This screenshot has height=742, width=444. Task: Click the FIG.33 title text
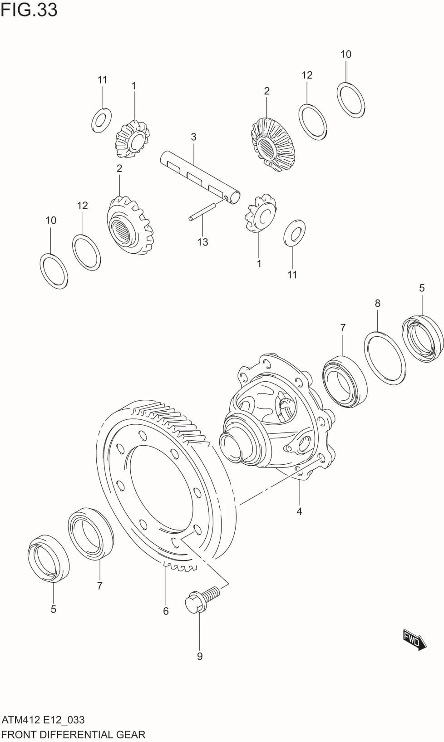point(29,10)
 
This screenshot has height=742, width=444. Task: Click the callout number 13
point(202,242)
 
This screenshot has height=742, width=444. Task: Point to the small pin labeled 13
point(202,212)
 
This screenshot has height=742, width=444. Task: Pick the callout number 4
point(299,511)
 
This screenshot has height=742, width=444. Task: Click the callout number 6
point(166,611)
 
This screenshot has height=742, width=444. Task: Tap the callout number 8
point(377,303)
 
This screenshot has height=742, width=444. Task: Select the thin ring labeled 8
point(385,358)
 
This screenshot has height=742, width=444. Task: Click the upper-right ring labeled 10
point(351,100)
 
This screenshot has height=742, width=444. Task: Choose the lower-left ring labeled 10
point(54,271)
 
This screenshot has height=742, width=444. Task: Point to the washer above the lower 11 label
point(294,234)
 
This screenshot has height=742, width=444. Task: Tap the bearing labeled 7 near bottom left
point(91,533)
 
